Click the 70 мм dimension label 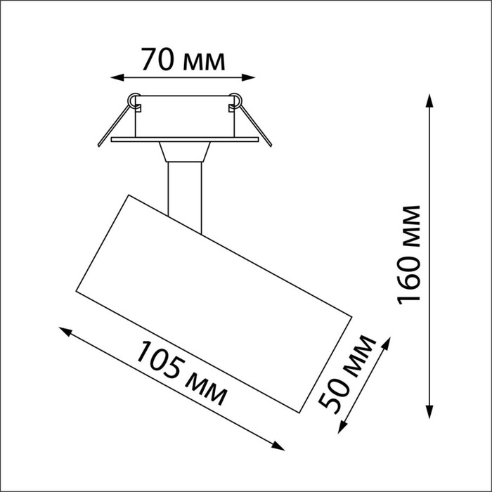click(183, 59)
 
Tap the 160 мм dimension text click(408, 255)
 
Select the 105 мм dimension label click(181, 373)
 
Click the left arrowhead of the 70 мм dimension click(117, 77)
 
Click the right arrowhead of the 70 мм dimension click(248, 77)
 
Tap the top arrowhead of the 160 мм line click(429, 101)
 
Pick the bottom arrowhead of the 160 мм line click(429, 412)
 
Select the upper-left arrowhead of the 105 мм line click(65, 331)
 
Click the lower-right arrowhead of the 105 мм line click(278, 446)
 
